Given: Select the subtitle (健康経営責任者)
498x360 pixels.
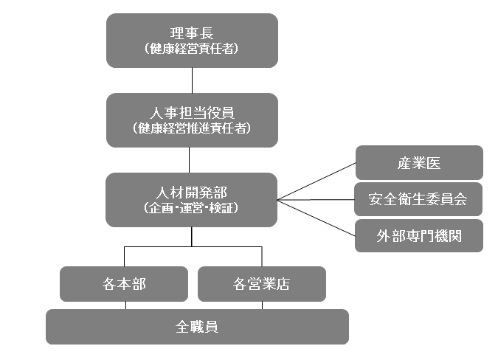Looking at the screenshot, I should point(192,49).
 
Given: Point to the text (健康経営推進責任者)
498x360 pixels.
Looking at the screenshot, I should point(192,128).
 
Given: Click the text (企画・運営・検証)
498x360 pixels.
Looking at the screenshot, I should point(192,208).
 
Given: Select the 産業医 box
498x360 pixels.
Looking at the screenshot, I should point(419,163).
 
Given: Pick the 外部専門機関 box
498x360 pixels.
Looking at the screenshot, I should point(419,236).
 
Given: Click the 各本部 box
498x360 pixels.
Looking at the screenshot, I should point(124,284).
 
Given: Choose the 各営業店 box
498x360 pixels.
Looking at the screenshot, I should point(261,284).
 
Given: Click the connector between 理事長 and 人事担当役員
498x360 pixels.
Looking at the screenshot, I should point(192,80).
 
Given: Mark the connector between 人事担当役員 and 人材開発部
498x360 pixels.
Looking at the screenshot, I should point(192,160).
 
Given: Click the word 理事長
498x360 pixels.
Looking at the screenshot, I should point(192,34).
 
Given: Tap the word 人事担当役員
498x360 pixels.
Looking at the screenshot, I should point(192,114).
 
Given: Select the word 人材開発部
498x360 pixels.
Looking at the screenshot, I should point(192,193).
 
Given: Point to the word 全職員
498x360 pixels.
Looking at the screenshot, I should point(197,327).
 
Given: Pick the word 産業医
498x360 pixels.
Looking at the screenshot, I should point(419,163).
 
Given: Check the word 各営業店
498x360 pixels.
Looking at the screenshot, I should point(261,284).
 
